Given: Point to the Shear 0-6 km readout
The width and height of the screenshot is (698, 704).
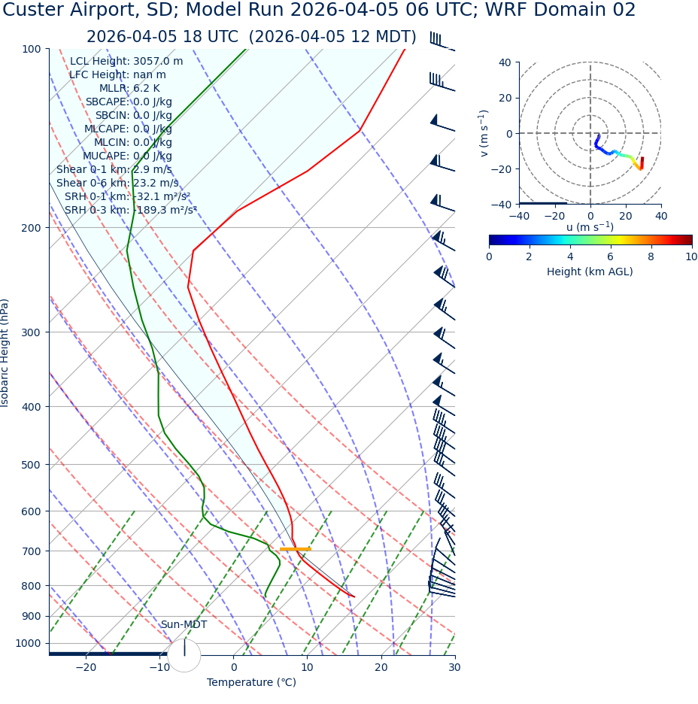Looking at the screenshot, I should point(117,183).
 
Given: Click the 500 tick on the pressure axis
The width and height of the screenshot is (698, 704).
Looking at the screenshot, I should point(32,465).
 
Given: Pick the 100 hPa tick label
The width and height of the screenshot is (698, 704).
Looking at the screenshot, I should point(32,49).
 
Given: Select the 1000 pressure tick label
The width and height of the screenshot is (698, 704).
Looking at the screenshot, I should point(29,643).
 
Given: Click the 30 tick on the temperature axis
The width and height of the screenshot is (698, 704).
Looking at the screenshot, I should point(454,668).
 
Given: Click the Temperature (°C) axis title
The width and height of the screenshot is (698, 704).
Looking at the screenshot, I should point(251,683).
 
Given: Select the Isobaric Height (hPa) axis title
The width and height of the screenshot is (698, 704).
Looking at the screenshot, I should point(5,353).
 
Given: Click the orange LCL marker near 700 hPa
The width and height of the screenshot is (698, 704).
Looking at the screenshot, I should point(295,549).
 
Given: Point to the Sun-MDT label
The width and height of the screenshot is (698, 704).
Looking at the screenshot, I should point(184,625).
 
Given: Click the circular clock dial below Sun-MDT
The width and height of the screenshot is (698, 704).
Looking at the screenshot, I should point(184,655).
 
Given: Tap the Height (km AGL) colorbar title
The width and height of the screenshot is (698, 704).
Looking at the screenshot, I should point(590,272).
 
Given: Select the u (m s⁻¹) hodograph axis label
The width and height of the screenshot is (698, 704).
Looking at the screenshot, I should point(590,227).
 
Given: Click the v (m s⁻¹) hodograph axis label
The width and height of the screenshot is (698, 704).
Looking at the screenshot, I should point(484,133).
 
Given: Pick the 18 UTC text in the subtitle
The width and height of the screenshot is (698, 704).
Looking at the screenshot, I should point(209,38).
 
